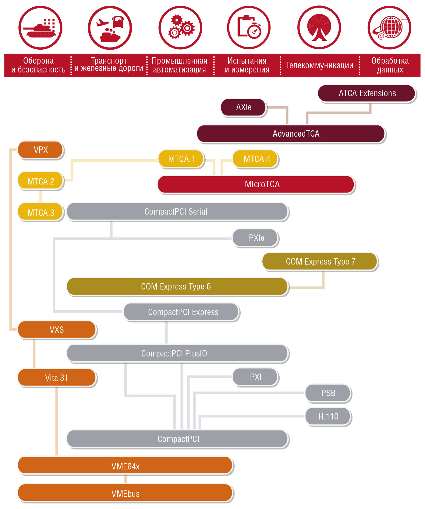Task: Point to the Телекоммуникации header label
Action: [319, 65]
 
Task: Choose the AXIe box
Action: [243, 107]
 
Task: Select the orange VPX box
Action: [41, 150]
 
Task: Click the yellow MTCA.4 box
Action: [256, 159]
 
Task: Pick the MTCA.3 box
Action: [41, 212]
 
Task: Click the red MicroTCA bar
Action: [256, 184]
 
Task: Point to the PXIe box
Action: [256, 238]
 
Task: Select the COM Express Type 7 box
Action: [320, 262]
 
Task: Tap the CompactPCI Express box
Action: [182, 312]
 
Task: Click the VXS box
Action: [57, 330]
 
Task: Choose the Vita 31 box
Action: [57, 378]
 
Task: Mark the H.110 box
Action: [328, 416]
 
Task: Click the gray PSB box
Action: [328, 393]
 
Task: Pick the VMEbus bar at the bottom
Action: [125, 493]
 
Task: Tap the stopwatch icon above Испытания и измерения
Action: [249, 27]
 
